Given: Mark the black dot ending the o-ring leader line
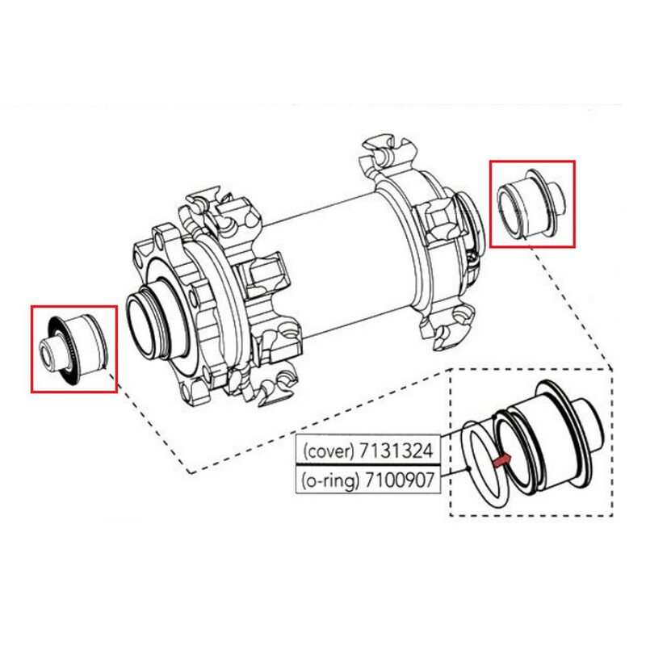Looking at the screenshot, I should point(469,468).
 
